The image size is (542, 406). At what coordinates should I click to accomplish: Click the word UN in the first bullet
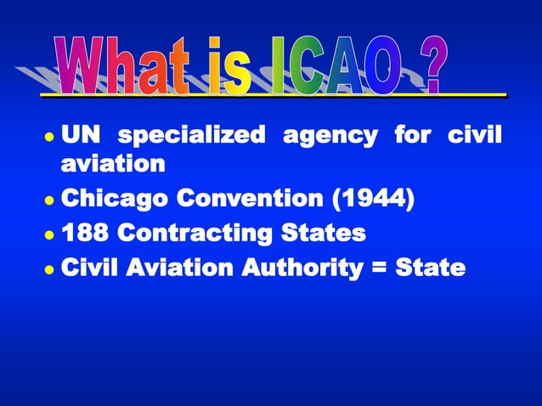[x=82, y=136]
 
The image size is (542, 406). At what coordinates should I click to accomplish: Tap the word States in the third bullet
[x=327, y=234]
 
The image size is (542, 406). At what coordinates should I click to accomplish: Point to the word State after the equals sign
[x=432, y=268]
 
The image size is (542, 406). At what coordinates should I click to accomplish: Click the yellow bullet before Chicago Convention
[x=50, y=202]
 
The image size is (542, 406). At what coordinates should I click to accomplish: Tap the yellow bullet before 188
[x=50, y=235]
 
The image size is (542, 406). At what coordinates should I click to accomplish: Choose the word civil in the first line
[x=473, y=136]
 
